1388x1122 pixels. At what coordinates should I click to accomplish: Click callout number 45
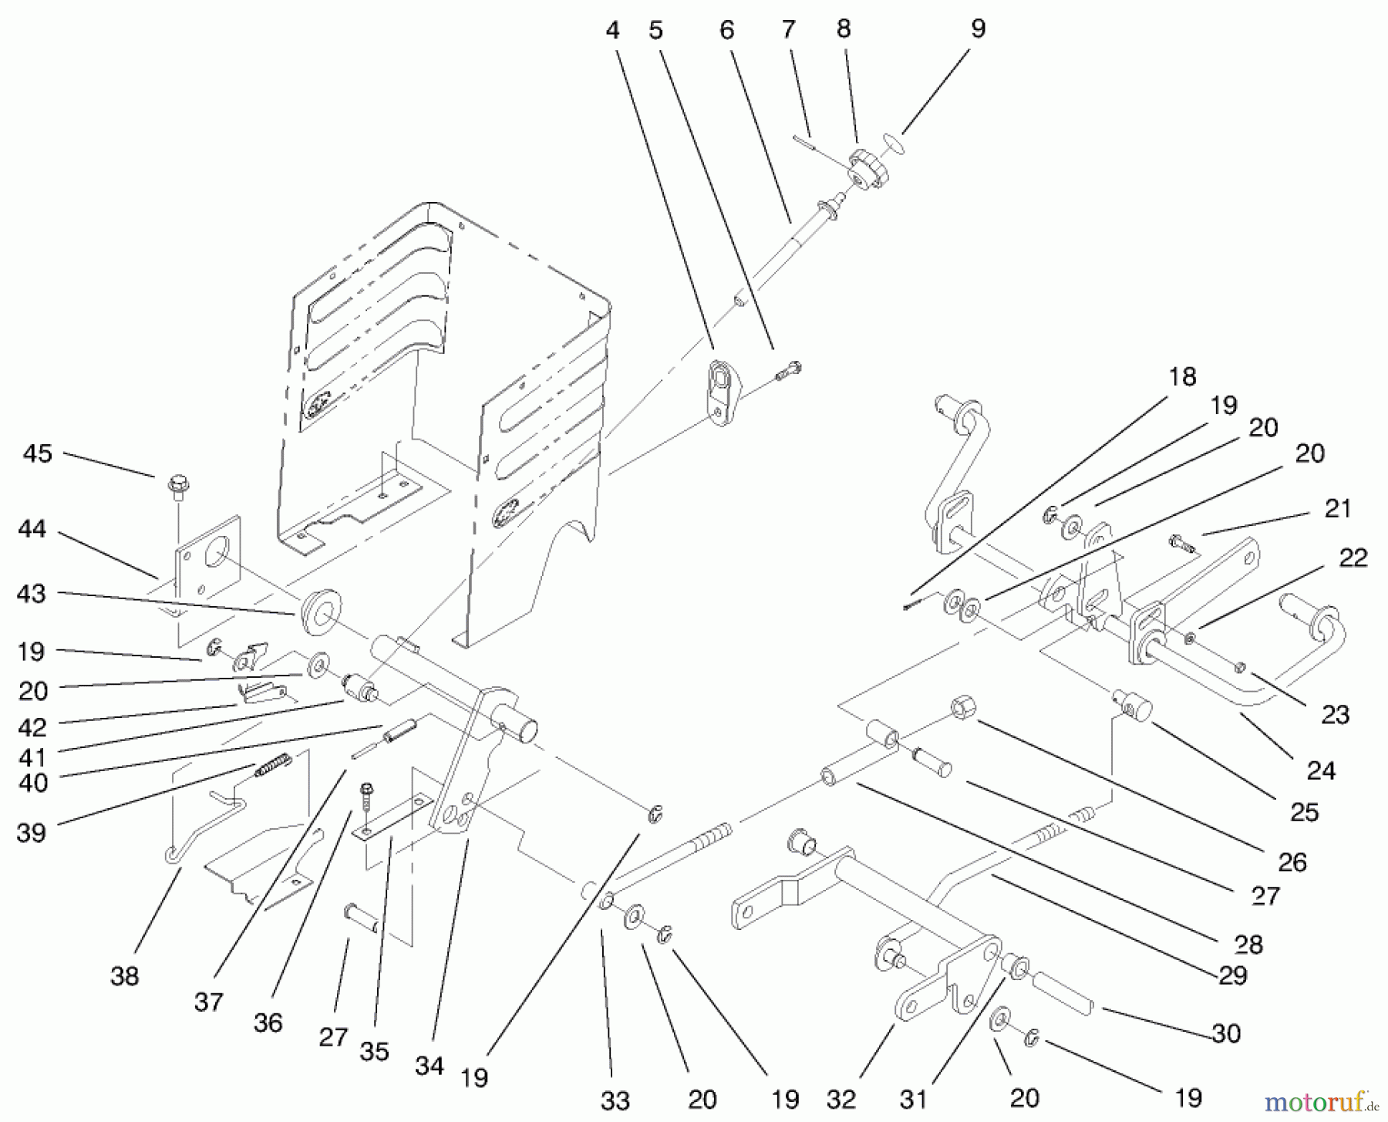(x=37, y=453)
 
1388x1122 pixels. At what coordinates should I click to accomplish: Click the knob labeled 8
(x=868, y=170)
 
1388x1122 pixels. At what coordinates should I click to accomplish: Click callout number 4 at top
(x=612, y=30)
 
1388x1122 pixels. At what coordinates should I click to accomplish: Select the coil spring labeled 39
(x=275, y=763)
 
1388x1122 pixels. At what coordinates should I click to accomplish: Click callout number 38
(x=124, y=975)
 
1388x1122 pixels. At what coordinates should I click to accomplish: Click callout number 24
(x=1321, y=770)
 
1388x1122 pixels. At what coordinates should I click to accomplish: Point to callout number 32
(x=841, y=1099)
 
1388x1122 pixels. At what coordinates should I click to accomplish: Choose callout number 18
(x=1181, y=376)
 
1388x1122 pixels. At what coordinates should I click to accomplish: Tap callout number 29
(x=1232, y=975)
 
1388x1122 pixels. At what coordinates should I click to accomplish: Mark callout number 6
(x=727, y=30)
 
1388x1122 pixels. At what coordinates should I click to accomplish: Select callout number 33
(x=615, y=1100)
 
